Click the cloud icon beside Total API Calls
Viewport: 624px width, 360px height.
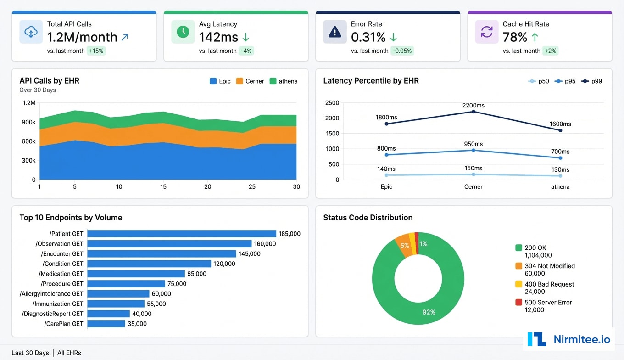(31, 32)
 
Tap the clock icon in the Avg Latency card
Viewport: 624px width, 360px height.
(183, 32)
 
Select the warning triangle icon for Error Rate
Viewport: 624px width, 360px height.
(335, 32)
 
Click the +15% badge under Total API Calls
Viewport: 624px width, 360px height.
(96, 51)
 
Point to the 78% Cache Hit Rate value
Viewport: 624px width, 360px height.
(515, 37)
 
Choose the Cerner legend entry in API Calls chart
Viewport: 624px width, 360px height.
(250, 81)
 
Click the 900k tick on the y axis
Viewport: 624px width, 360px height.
(28, 122)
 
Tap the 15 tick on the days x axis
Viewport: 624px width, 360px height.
(163, 187)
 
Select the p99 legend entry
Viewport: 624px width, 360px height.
(592, 81)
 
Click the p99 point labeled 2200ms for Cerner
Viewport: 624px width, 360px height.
(474, 112)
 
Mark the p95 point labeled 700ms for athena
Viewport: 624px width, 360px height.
(560, 158)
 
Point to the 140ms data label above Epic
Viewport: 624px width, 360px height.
(386, 169)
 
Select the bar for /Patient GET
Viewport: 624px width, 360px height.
(182, 234)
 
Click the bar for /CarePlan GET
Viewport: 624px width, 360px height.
(106, 324)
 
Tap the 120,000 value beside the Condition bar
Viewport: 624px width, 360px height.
(224, 264)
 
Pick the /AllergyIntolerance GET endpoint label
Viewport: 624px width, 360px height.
(51, 294)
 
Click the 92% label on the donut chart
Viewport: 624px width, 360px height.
(429, 312)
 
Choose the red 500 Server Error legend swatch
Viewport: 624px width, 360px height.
(518, 303)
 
